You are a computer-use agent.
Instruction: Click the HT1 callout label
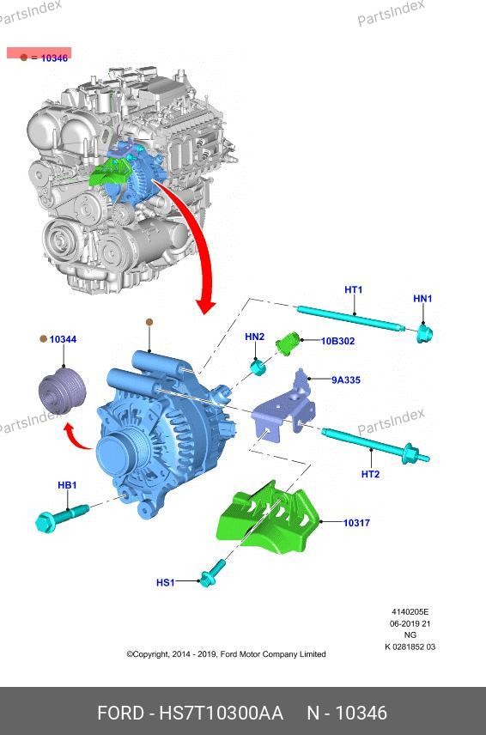point(354,289)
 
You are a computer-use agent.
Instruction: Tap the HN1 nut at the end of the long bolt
point(424,334)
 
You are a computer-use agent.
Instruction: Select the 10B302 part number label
point(337,341)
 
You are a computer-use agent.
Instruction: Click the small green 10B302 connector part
point(288,343)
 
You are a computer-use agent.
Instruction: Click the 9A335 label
point(346,380)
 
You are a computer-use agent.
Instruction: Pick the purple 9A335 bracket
point(284,409)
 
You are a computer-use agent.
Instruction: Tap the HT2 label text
point(370,474)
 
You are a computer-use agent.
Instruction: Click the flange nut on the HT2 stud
point(410,453)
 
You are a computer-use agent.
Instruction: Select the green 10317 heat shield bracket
point(268,518)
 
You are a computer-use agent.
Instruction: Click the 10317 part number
point(356,523)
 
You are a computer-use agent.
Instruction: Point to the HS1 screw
point(213,574)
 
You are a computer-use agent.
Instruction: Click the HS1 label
point(166,583)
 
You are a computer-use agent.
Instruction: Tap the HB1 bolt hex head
point(46,523)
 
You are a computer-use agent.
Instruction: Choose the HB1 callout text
point(67,485)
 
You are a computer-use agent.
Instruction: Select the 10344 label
point(63,339)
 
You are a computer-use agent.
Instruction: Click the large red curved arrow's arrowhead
point(206,306)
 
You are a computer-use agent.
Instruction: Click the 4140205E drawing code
point(410,611)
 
